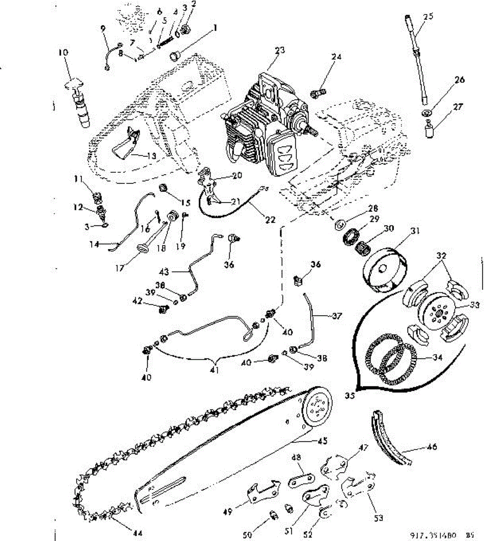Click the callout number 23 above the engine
pyautogui.click(x=280, y=50)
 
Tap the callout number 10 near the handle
pyautogui.click(x=63, y=53)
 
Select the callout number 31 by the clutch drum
pyautogui.click(x=414, y=231)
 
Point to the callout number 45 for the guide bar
pyautogui.click(x=322, y=440)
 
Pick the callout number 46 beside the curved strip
pyautogui.click(x=431, y=447)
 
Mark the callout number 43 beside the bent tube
pyautogui.click(x=164, y=271)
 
